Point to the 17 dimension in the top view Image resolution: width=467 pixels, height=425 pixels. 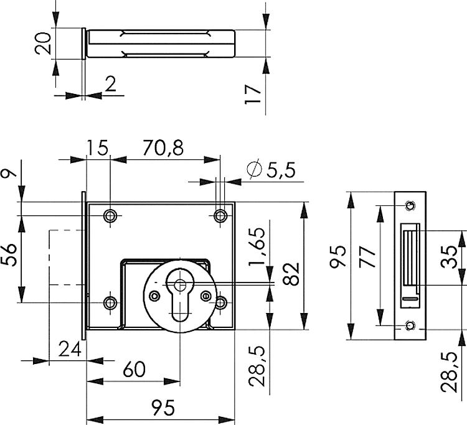pos(253,93)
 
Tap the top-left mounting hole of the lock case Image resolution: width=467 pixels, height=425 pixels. pos(110,215)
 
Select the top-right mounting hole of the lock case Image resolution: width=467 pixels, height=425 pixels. pos(219,215)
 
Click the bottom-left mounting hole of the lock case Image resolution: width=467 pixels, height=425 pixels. pos(110,302)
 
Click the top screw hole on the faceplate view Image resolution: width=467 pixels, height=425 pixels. pos(408,205)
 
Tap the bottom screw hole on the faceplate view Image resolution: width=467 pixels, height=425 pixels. pos(408,325)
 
